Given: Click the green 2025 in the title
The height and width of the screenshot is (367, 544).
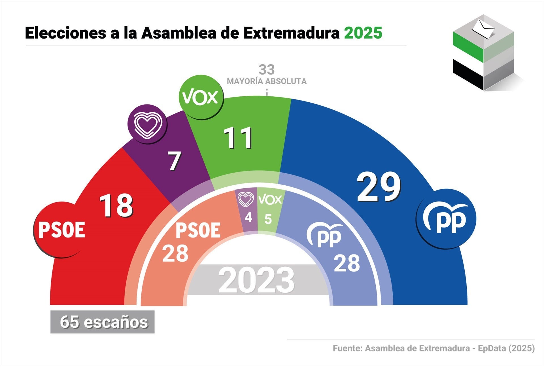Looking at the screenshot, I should coord(363,33).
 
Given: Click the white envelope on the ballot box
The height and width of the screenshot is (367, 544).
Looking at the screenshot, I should coord(483,29).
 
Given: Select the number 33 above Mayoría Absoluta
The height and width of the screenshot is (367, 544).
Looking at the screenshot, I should coord(267,69).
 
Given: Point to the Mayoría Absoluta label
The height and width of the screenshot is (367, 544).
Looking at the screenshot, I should coord(267,81).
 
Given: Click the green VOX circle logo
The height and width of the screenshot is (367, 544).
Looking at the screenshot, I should coord(201,97).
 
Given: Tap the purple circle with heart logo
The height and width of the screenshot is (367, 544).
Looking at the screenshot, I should coord(147,124).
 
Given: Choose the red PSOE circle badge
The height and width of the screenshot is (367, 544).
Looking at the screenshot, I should coord(61,230).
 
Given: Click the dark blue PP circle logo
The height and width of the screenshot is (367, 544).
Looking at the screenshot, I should coord(446,219).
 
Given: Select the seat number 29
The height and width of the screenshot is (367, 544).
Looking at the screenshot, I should coord(379,187).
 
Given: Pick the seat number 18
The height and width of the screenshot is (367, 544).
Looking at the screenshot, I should coord(116,205).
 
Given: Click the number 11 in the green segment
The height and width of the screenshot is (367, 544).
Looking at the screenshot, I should coord(238,138).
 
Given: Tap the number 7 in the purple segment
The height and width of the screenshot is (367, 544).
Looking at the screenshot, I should coord(174,161).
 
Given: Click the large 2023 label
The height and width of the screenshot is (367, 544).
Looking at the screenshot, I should coord(257,280).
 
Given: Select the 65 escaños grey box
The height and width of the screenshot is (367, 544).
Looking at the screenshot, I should coord(103,322).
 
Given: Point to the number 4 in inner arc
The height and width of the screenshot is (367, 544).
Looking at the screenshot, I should coord(248,218).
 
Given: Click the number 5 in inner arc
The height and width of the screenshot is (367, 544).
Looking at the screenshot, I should coord(268,219).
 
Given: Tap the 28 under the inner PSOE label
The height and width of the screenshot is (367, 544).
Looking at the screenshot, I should coord(175,254).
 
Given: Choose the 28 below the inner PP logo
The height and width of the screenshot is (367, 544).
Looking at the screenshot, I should coord(347,263).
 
